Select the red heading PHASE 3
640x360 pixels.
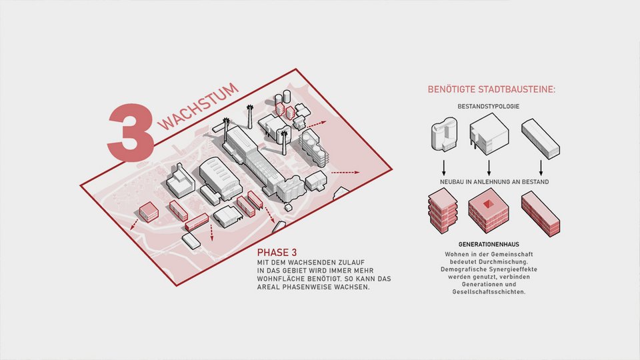pos(277,253)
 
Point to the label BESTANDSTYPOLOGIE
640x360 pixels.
pos(489,107)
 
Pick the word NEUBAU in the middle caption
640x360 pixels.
pos(453,181)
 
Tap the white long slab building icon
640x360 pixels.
pos(540,138)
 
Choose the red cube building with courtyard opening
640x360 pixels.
pos(489,211)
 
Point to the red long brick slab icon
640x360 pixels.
pos(540,213)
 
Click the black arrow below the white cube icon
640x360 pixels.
pos(489,166)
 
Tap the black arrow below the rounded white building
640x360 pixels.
pos(442,166)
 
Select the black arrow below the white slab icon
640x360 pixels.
pos(541,166)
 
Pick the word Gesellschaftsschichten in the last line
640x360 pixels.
pos(489,293)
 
